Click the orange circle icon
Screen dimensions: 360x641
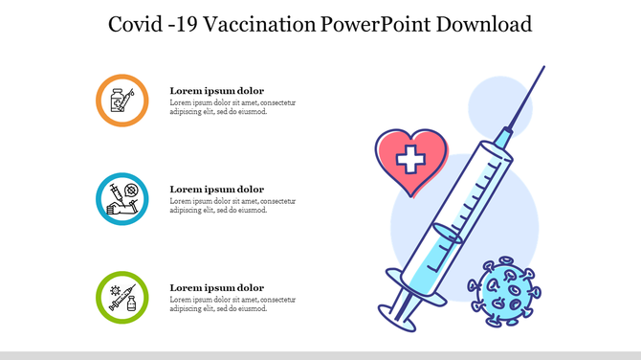click(122, 100)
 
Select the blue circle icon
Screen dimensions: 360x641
click(122, 198)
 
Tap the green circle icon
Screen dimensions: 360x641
click(122, 297)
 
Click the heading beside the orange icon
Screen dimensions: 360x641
click(216, 91)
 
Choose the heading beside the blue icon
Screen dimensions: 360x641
click(216, 190)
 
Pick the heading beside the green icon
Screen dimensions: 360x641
click(216, 288)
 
